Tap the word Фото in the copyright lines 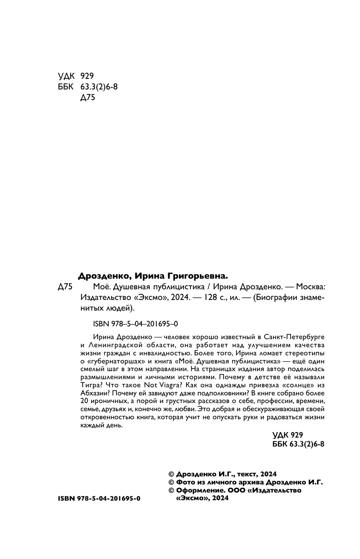185,482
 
